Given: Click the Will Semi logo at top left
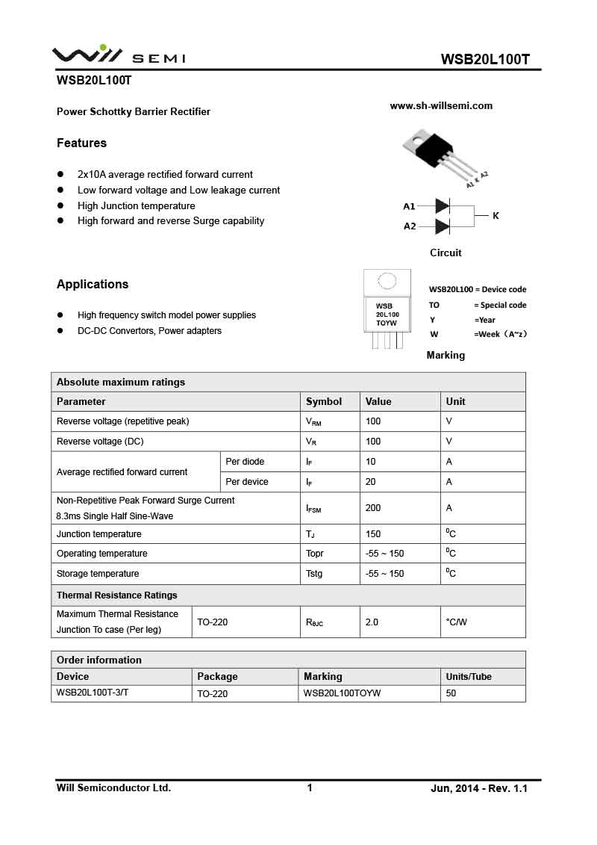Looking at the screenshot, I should click(x=118, y=55).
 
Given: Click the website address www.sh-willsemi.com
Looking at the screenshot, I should click(x=441, y=106).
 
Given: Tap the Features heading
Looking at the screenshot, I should click(x=81, y=143).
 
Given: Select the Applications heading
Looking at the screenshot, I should click(x=93, y=284).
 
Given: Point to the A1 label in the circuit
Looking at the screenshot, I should click(x=409, y=206).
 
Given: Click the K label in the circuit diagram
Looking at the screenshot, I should click(x=496, y=216).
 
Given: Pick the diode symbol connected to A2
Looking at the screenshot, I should click(x=443, y=226).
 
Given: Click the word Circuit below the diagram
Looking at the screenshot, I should click(x=446, y=253).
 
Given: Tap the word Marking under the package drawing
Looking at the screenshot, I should click(x=446, y=355).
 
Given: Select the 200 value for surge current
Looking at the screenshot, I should click(x=373, y=508).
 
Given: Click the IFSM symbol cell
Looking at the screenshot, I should click(x=313, y=509).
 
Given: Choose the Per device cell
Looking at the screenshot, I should click(x=247, y=482).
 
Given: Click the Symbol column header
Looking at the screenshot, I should click(x=324, y=401).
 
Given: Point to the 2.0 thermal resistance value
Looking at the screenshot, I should click(x=372, y=622).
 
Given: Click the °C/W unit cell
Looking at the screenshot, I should click(x=456, y=622).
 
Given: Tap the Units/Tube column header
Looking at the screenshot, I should click(x=469, y=676).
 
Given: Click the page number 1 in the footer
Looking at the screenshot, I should click(x=310, y=787).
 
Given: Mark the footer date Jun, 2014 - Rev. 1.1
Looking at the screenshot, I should click(x=479, y=788).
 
